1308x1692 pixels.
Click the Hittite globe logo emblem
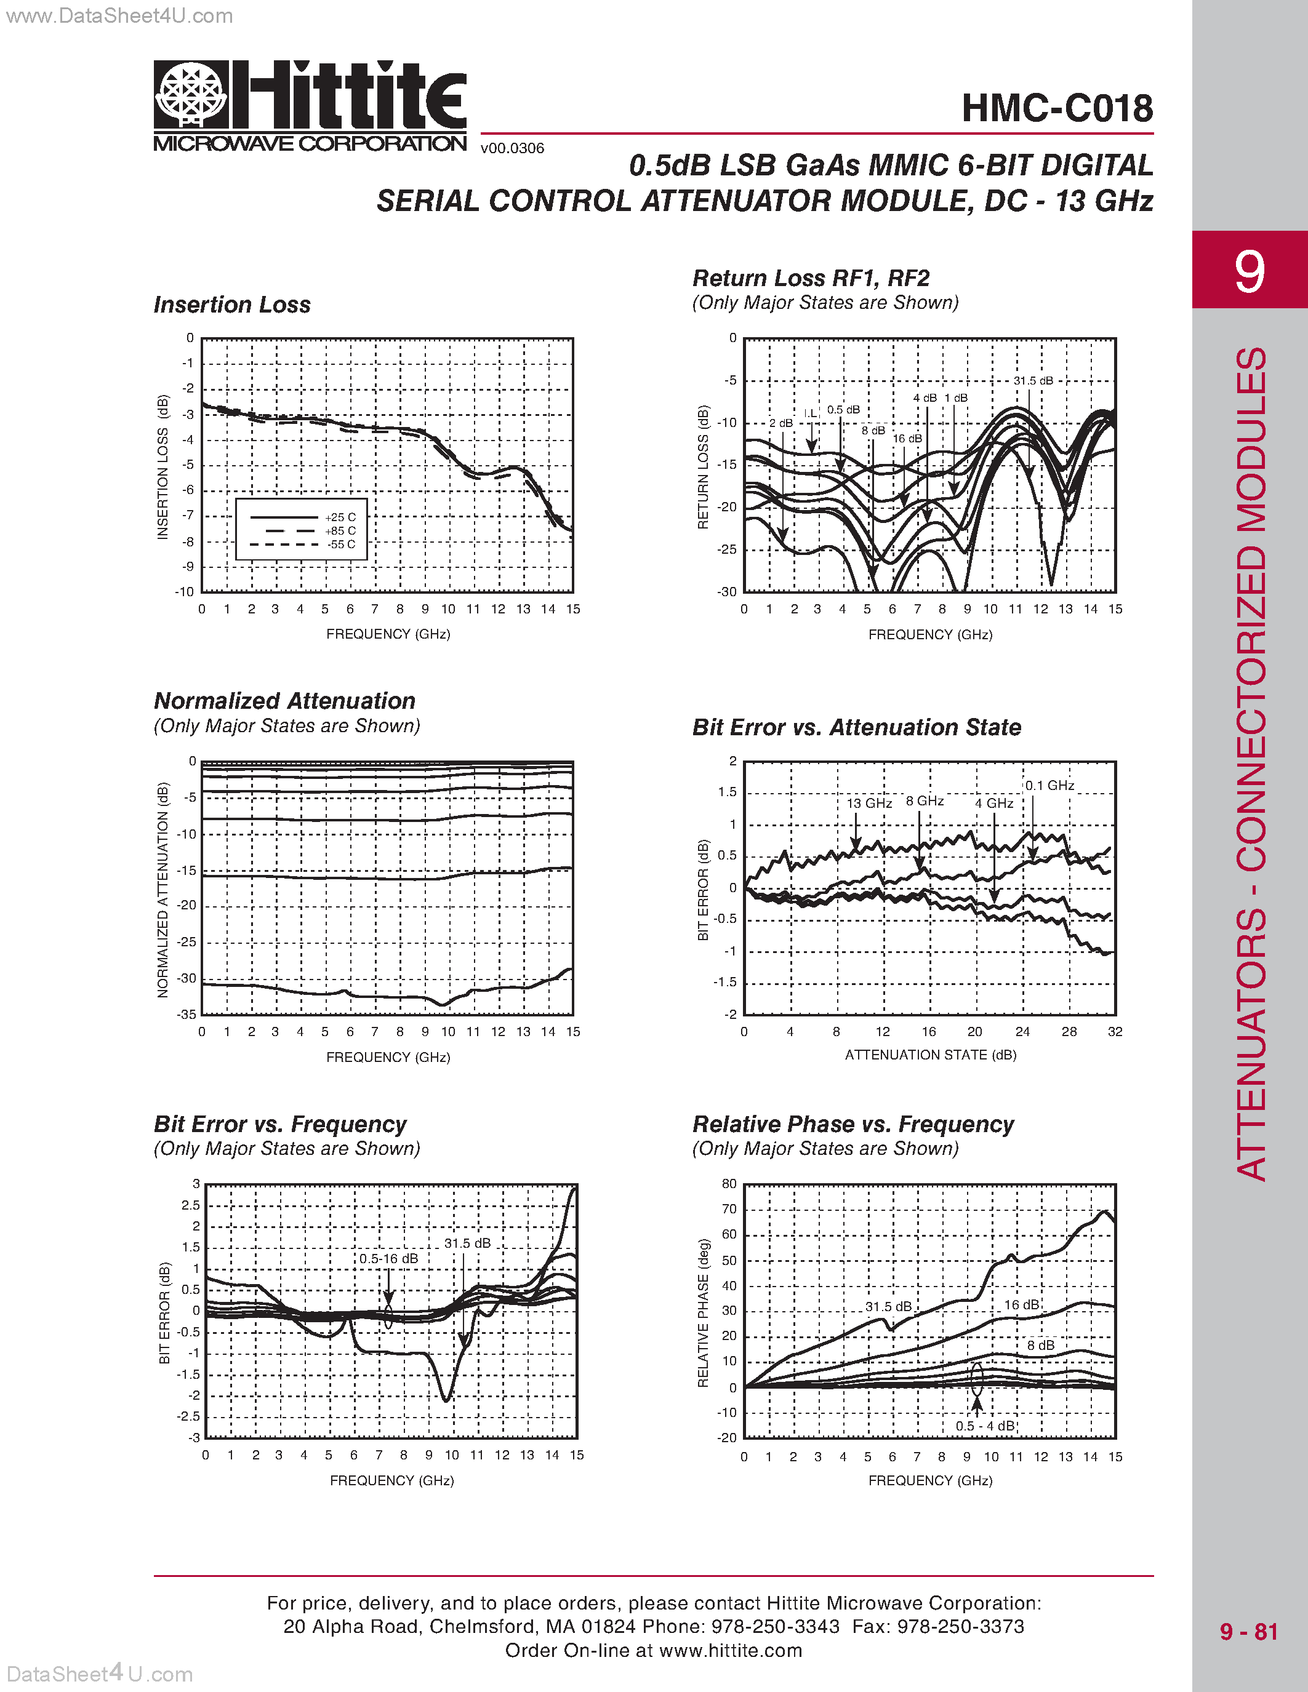pos(191,95)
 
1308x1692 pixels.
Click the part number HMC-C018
pos(1057,108)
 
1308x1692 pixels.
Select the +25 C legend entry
pos(340,517)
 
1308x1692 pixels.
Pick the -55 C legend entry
pos(340,545)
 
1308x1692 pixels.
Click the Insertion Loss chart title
pos(231,305)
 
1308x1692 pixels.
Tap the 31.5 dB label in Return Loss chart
pos(1033,380)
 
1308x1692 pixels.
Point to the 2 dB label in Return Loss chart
pos(780,423)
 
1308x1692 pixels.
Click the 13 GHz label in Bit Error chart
pos(869,804)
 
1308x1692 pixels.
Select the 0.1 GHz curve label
pos(1050,786)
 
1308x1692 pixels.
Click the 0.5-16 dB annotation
pos(388,1259)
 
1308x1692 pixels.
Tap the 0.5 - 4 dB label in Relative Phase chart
pos(985,1426)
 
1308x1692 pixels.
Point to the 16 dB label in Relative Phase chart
pos(1021,1306)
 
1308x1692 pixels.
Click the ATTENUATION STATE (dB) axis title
pos(930,1055)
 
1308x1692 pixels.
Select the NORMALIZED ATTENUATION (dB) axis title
pos(162,890)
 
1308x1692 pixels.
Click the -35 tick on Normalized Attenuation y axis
pos(186,1014)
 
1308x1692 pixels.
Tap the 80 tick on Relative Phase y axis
pos(729,1184)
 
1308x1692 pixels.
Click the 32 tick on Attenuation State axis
pos(1114,1032)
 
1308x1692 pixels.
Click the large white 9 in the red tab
pos(1249,271)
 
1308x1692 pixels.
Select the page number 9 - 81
pos(1248,1632)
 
